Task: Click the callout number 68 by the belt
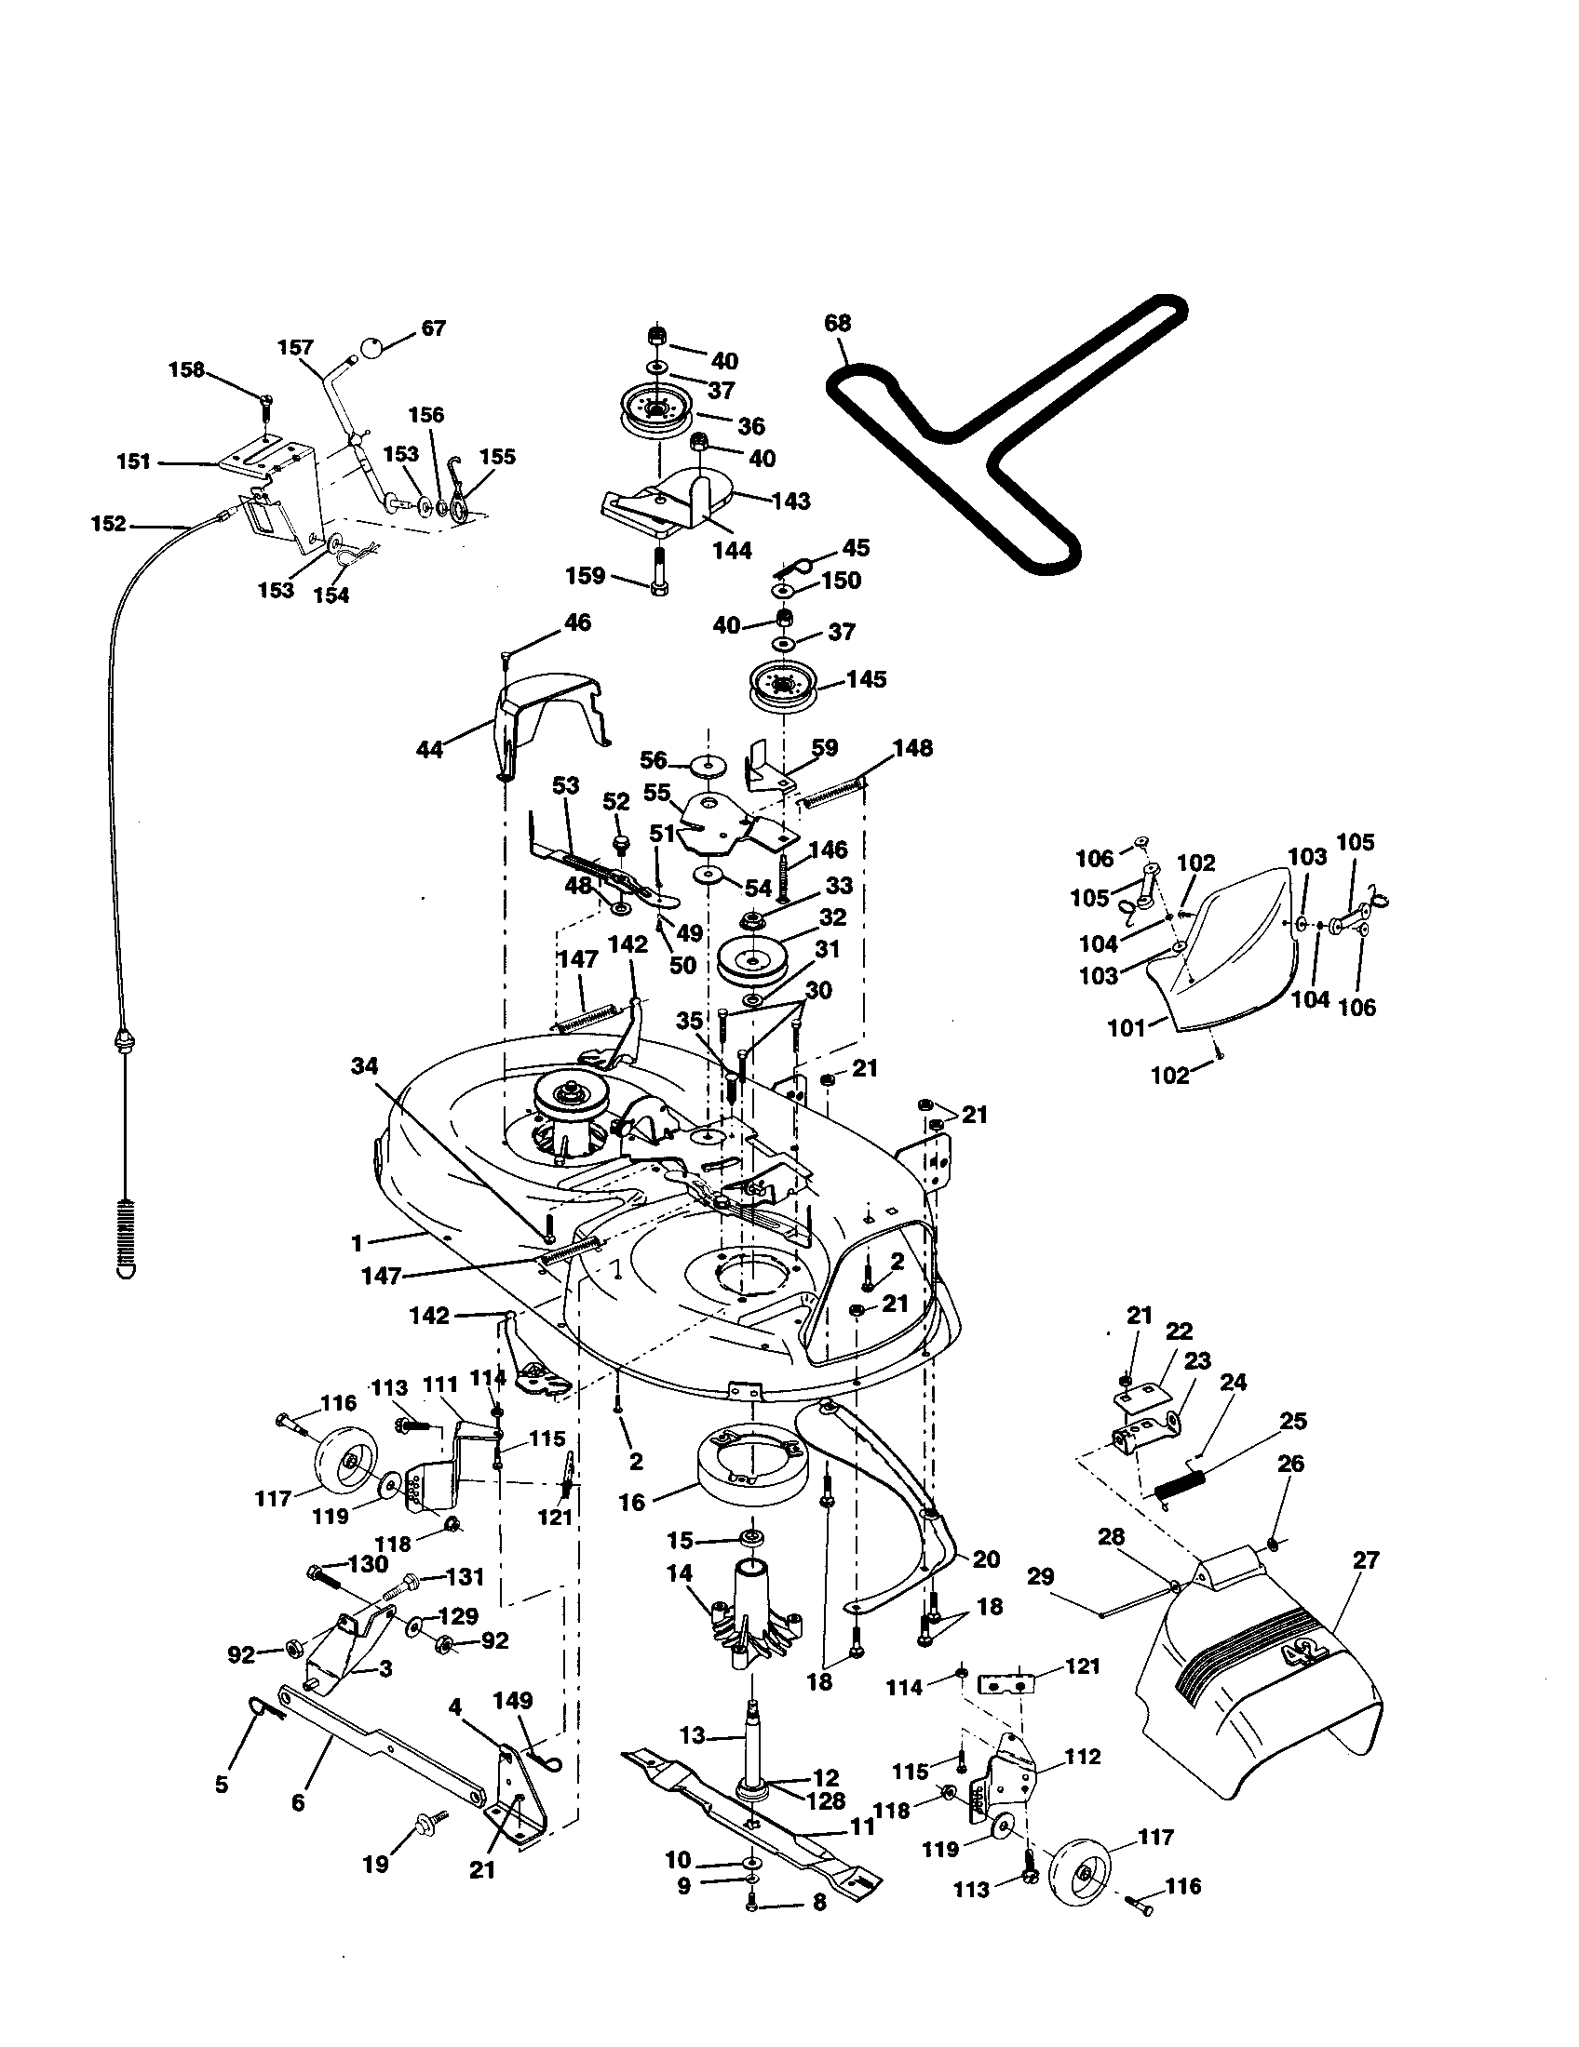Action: pyautogui.click(x=836, y=323)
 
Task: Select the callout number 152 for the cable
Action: pyautogui.click(x=108, y=524)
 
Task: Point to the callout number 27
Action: pyautogui.click(x=1366, y=1560)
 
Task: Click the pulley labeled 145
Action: pyautogui.click(x=781, y=687)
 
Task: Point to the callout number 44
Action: pyautogui.click(x=429, y=750)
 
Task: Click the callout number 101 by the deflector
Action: pyautogui.click(x=1127, y=1028)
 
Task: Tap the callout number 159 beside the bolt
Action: pyautogui.click(x=585, y=575)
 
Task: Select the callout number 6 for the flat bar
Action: pyautogui.click(x=298, y=1802)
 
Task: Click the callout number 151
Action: pyautogui.click(x=134, y=462)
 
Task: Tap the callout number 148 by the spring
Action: pyautogui.click(x=912, y=747)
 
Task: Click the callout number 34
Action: pyautogui.click(x=366, y=1064)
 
